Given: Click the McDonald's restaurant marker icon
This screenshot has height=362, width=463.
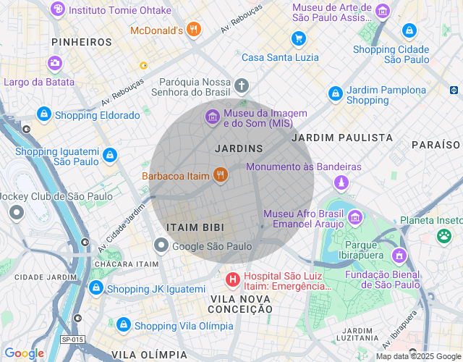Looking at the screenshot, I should click(x=193, y=30).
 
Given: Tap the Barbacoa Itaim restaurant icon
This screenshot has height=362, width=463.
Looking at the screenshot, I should click(x=221, y=175).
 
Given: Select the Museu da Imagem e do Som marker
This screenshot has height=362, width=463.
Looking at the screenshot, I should click(x=213, y=117).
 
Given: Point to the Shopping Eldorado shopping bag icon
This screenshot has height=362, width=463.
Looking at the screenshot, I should click(x=45, y=114).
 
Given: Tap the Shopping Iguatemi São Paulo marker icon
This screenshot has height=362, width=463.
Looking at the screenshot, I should click(x=109, y=155).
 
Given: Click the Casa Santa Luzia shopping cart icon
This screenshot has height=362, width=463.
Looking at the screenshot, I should click(x=297, y=38).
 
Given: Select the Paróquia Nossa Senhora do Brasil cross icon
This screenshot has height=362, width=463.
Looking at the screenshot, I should click(x=241, y=86).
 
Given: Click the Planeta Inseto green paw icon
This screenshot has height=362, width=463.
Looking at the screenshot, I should click(x=443, y=235).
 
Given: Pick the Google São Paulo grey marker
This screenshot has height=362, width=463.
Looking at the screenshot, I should click(x=161, y=246).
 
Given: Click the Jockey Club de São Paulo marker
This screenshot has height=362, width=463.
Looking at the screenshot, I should click(x=16, y=213).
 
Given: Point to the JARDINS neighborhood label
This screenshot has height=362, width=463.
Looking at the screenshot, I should click(x=239, y=148).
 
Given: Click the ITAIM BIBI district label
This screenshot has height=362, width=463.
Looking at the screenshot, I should click(x=191, y=227).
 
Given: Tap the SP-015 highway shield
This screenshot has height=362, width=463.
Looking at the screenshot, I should click(x=72, y=340).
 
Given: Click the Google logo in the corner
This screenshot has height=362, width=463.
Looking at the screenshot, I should click(x=24, y=353).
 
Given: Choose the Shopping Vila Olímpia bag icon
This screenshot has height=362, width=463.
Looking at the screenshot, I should click(x=124, y=325).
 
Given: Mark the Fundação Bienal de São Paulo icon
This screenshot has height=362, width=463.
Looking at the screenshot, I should click(x=399, y=256).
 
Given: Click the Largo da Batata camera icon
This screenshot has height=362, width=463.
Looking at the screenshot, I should click(x=55, y=64).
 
